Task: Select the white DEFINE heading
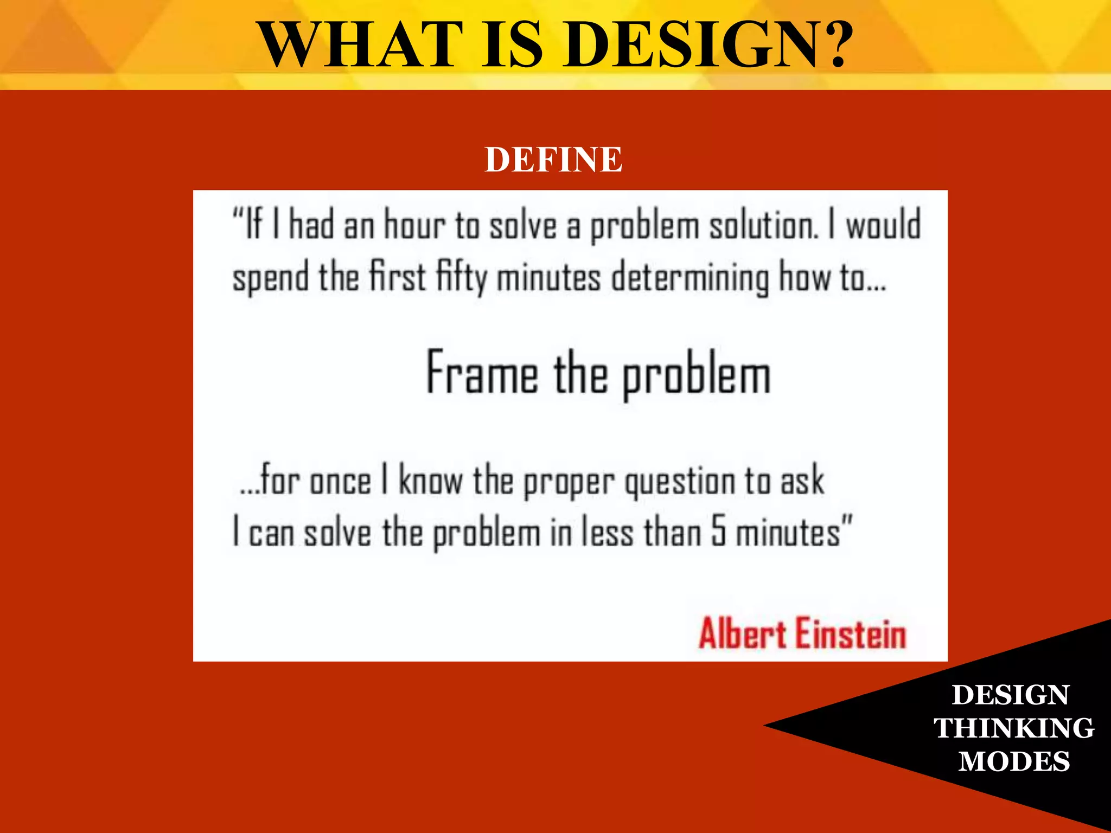(553, 159)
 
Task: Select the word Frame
(482, 373)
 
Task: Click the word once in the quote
(341, 480)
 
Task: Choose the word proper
(569, 482)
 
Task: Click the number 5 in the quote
(719, 531)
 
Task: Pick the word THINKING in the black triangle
(1013, 728)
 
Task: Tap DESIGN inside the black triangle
(1010, 695)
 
